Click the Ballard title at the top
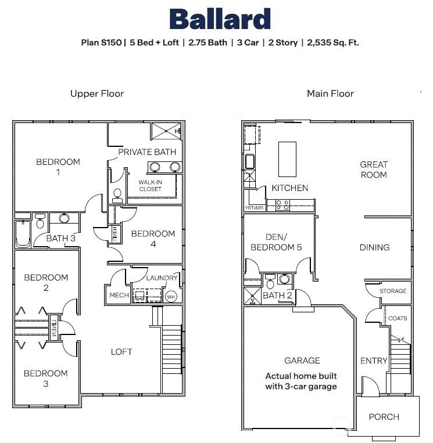point(220,19)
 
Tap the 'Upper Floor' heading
point(97,93)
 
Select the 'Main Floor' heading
point(330,93)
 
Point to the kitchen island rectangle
point(287,159)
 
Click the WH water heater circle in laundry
point(171,296)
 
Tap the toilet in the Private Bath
point(117,195)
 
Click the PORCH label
point(384,416)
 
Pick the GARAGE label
point(302,361)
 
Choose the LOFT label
point(121,351)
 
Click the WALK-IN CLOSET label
point(150,185)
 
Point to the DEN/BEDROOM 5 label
point(276,242)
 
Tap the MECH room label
point(119,296)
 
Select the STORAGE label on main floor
point(392,291)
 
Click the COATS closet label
point(398,318)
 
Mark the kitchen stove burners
point(283,204)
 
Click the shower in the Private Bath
point(166,132)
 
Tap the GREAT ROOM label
point(373,170)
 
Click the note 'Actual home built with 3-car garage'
point(301,381)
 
